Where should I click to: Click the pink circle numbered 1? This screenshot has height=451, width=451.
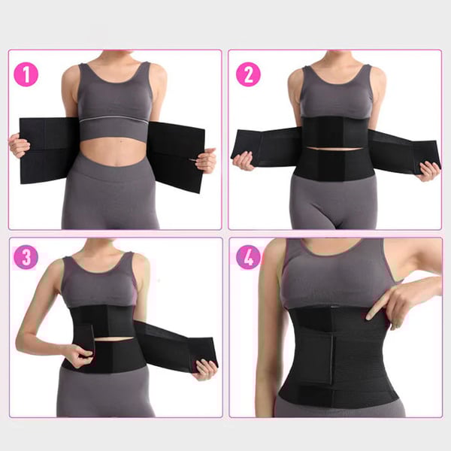[x=26, y=74]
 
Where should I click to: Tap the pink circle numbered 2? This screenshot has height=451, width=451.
[x=248, y=74]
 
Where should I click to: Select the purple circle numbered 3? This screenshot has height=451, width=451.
[x=26, y=257]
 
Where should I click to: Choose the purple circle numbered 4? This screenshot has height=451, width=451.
[x=248, y=257]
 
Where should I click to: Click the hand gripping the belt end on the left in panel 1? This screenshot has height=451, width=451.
[x=19, y=145]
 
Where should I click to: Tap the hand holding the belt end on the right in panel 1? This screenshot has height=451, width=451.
[x=206, y=161]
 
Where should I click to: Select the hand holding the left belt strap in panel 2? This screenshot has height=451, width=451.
[x=244, y=161]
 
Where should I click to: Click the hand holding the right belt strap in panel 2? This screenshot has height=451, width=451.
[x=428, y=171]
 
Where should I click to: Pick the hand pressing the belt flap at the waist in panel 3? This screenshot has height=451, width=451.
[x=78, y=356]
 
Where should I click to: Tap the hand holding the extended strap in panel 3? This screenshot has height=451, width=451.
[x=204, y=369]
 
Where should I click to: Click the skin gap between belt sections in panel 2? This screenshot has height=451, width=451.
[x=334, y=149]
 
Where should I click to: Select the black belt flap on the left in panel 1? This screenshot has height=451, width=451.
[x=48, y=150]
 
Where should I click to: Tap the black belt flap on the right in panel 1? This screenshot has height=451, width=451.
[x=176, y=157]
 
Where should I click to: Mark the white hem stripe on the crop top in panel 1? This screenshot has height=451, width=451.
[x=114, y=119]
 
